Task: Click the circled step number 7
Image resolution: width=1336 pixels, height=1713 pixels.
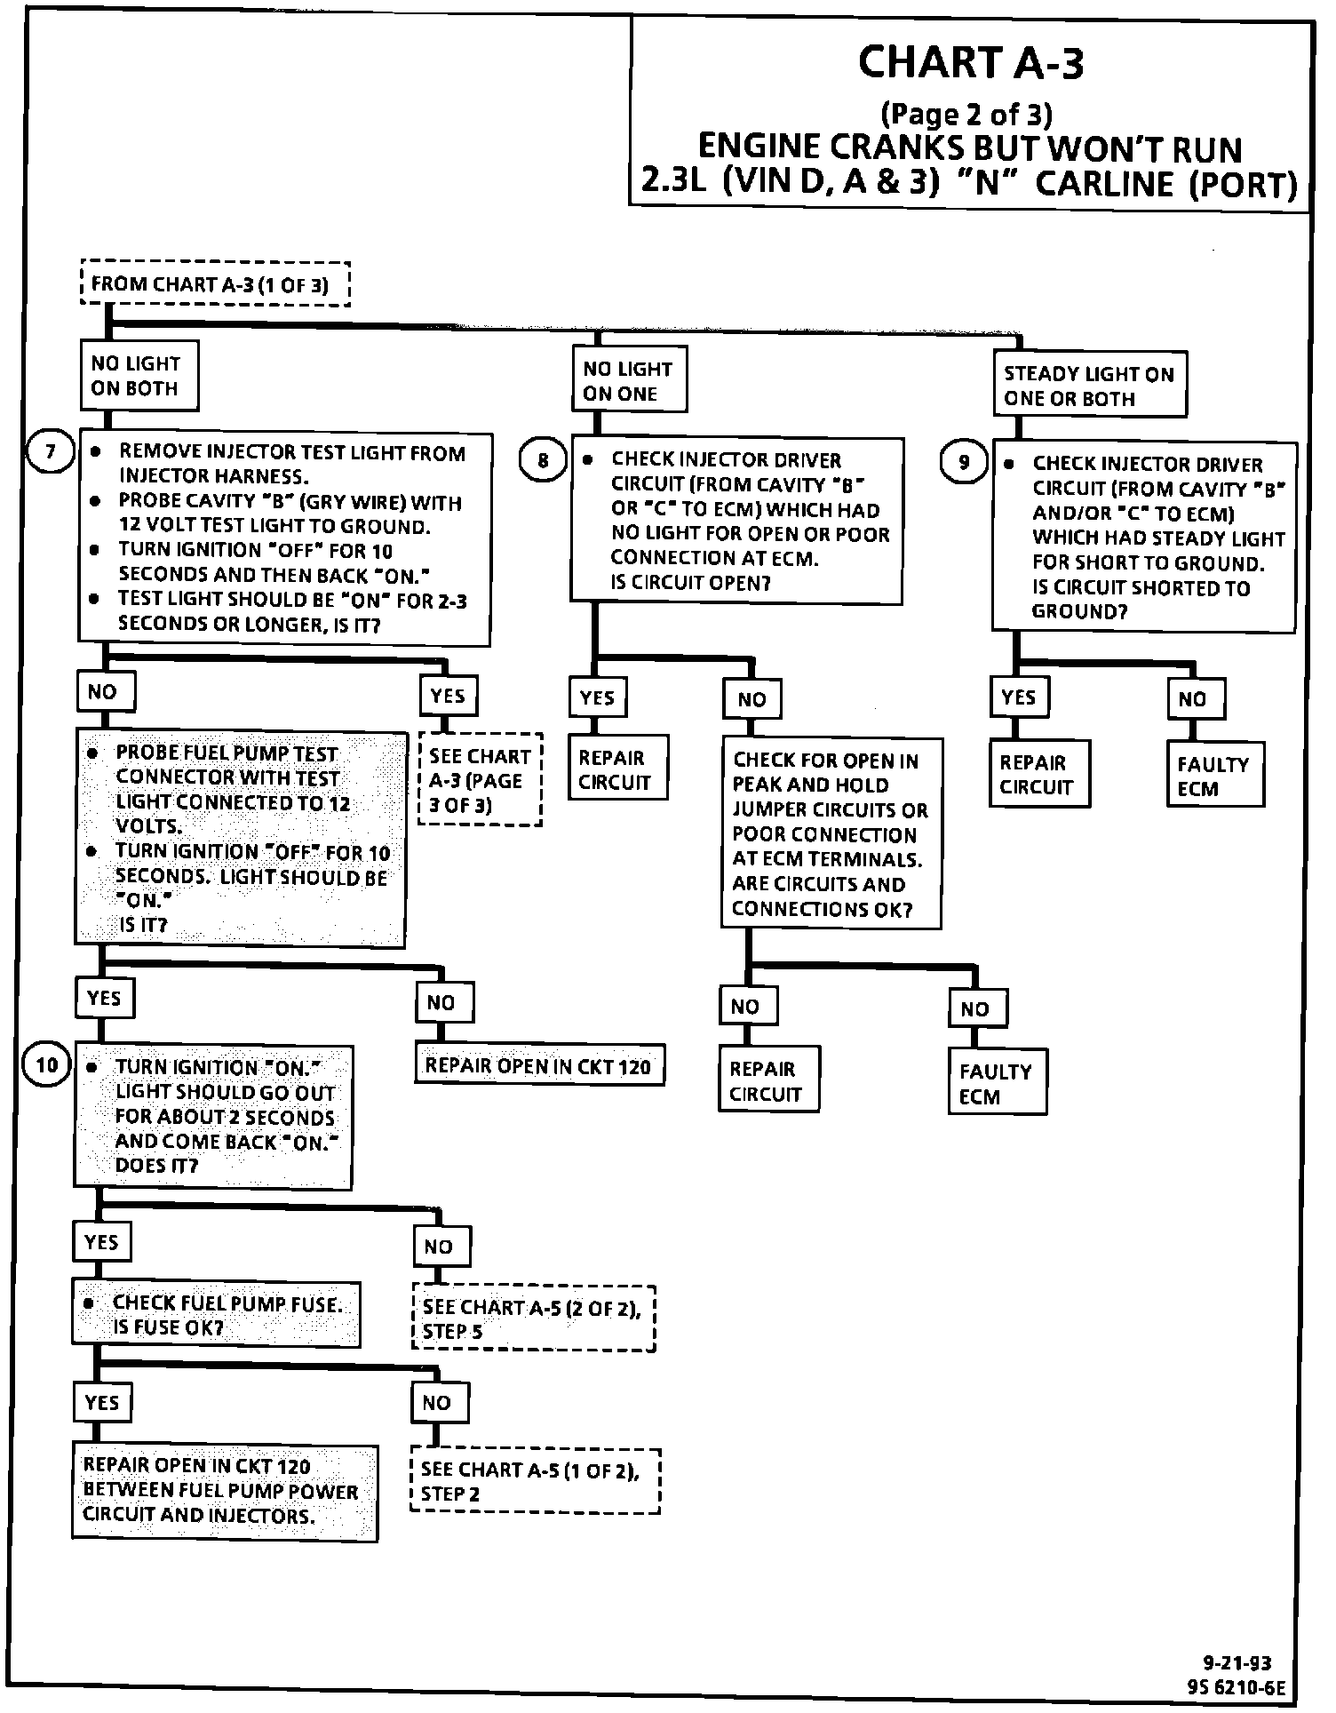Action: [x=50, y=452]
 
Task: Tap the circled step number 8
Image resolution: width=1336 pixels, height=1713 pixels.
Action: [x=543, y=460]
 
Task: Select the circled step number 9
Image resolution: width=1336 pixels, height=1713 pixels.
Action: [x=964, y=462]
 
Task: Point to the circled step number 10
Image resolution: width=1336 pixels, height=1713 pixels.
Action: [x=46, y=1064]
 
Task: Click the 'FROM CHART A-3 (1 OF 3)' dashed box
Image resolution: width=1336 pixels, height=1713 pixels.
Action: [x=215, y=284]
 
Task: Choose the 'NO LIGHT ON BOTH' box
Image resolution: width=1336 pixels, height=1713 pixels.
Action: [x=139, y=376]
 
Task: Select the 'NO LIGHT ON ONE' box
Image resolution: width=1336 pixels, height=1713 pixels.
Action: [x=629, y=381]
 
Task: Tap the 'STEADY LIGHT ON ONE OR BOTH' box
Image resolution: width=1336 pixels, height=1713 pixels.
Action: [x=1090, y=386]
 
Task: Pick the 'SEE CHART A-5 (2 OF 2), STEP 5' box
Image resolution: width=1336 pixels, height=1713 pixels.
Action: [x=534, y=1319]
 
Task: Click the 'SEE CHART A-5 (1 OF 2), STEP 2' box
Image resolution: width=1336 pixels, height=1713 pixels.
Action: [x=536, y=1481]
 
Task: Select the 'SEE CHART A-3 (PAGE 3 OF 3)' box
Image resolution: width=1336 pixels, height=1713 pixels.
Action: [x=480, y=780]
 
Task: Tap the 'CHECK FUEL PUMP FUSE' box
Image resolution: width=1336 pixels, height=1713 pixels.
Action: [x=216, y=1315]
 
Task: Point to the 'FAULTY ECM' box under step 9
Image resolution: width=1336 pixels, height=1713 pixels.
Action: [x=1214, y=776]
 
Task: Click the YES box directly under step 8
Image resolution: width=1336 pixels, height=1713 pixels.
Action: [x=597, y=698]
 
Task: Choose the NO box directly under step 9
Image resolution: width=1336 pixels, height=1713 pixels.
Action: [x=1195, y=699]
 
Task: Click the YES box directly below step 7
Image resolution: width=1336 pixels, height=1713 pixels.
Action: [x=448, y=696]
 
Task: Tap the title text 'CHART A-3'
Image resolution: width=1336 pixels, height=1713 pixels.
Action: [x=971, y=63]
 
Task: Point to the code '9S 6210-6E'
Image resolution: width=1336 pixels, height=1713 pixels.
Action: [x=1236, y=1686]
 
